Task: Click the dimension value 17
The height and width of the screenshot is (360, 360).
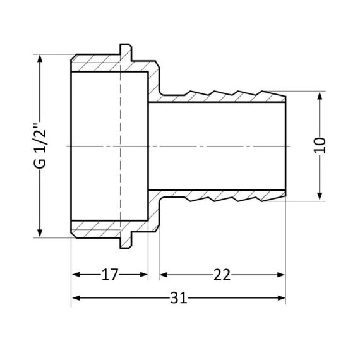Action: point(110,275)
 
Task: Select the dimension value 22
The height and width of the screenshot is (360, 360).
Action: point(222,275)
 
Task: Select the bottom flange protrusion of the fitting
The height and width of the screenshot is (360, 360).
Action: point(125,243)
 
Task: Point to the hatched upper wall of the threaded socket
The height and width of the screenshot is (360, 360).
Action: point(107,64)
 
